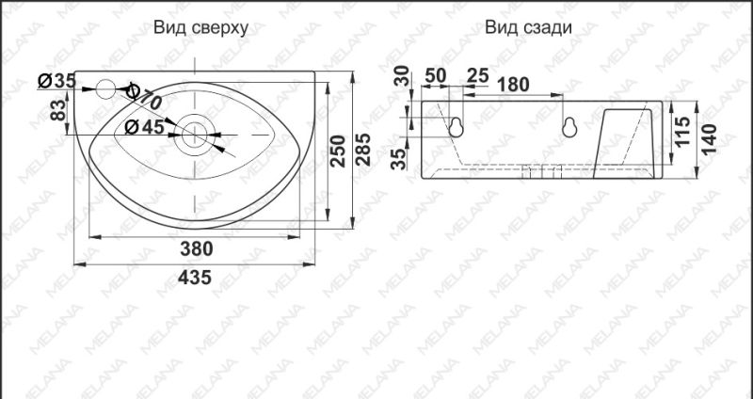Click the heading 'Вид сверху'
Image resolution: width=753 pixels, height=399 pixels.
(x=200, y=27)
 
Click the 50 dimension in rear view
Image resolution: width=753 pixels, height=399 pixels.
(x=435, y=75)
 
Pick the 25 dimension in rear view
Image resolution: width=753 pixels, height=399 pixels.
(x=477, y=75)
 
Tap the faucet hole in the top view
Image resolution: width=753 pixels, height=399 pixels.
(x=106, y=90)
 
